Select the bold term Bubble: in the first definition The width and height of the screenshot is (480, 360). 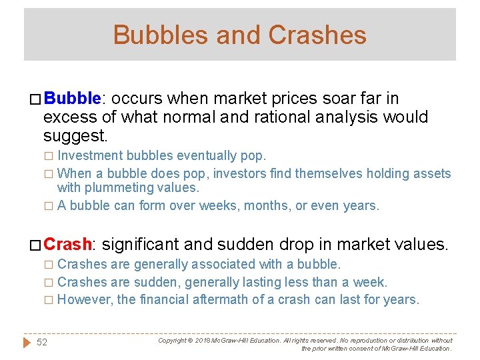pyautogui.click(x=72, y=99)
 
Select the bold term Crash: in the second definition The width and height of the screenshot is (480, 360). pyautogui.click(x=70, y=244)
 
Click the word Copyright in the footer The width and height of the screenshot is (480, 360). pyautogui.click(x=172, y=340)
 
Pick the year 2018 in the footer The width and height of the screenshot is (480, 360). pyautogui.click(x=202, y=340)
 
